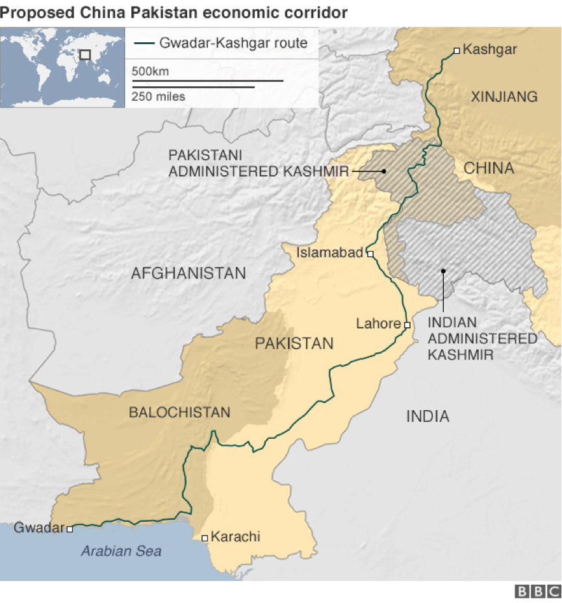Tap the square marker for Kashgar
click(x=457, y=50)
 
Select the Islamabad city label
click(x=329, y=253)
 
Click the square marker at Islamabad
click(x=370, y=254)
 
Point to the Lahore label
click(x=377, y=324)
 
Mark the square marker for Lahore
click(x=407, y=325)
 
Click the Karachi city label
click(x=236, y=537)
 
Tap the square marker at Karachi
click(x=205, y=537)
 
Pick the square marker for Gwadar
click(x=70, y=528)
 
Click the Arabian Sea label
click(x=121, y=552)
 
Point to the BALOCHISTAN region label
click(x=179, y=412)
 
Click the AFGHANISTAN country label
click(x=188, y=273)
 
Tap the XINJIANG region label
click(x=504, y=97)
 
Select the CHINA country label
click(x=489, y=169)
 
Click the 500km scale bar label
click(x=150, y=71)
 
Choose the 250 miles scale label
click(x=159, y=97)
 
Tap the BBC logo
click(x=537, y=591)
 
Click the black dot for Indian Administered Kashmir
click(x=443, y=271)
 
